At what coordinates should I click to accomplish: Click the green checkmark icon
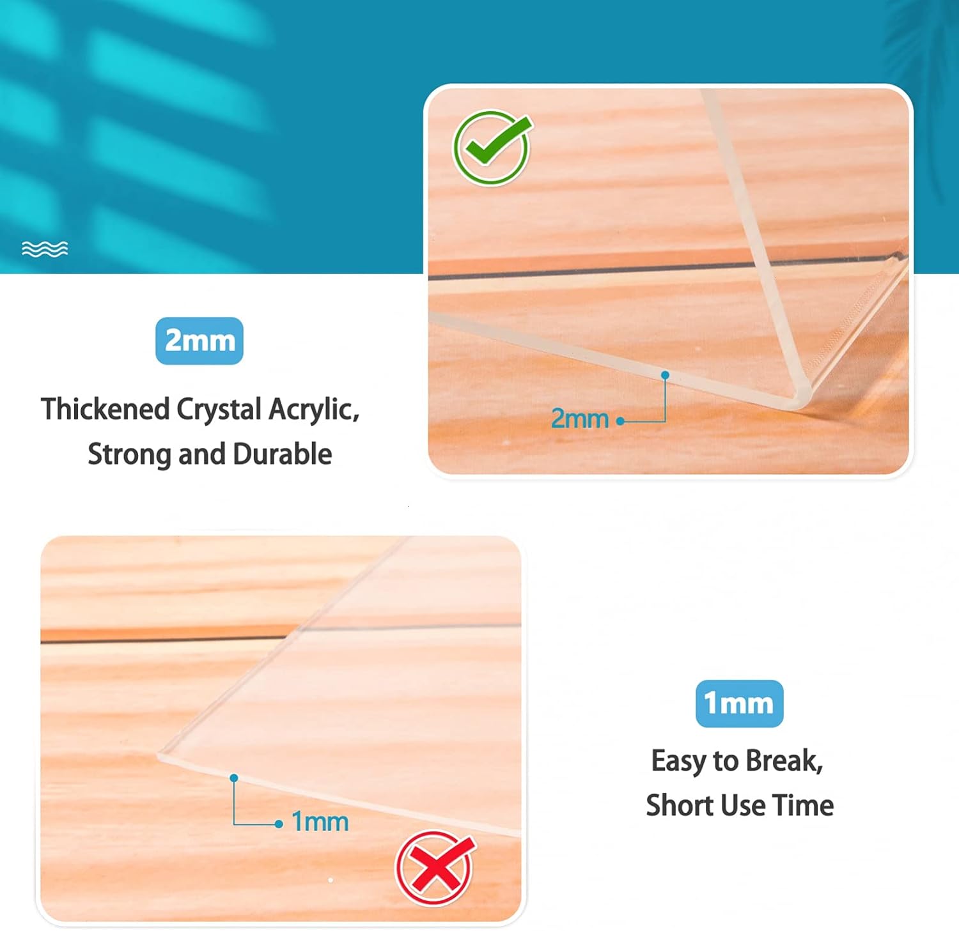click(492, 148)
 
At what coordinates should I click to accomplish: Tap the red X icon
click(435, 868)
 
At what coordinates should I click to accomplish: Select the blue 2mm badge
click(199, 341)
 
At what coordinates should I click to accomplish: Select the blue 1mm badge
click(739, 704)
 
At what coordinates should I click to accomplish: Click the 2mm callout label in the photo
click(580, 419)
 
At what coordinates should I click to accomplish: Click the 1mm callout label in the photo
click(320, 822)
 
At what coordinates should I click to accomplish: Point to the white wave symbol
click(45, 249)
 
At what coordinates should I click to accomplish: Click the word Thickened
click(105, 409)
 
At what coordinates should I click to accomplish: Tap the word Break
click(784, 761)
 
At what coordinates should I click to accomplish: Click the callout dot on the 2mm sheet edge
click(666, 375)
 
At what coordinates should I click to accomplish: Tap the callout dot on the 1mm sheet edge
click(234, 778)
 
